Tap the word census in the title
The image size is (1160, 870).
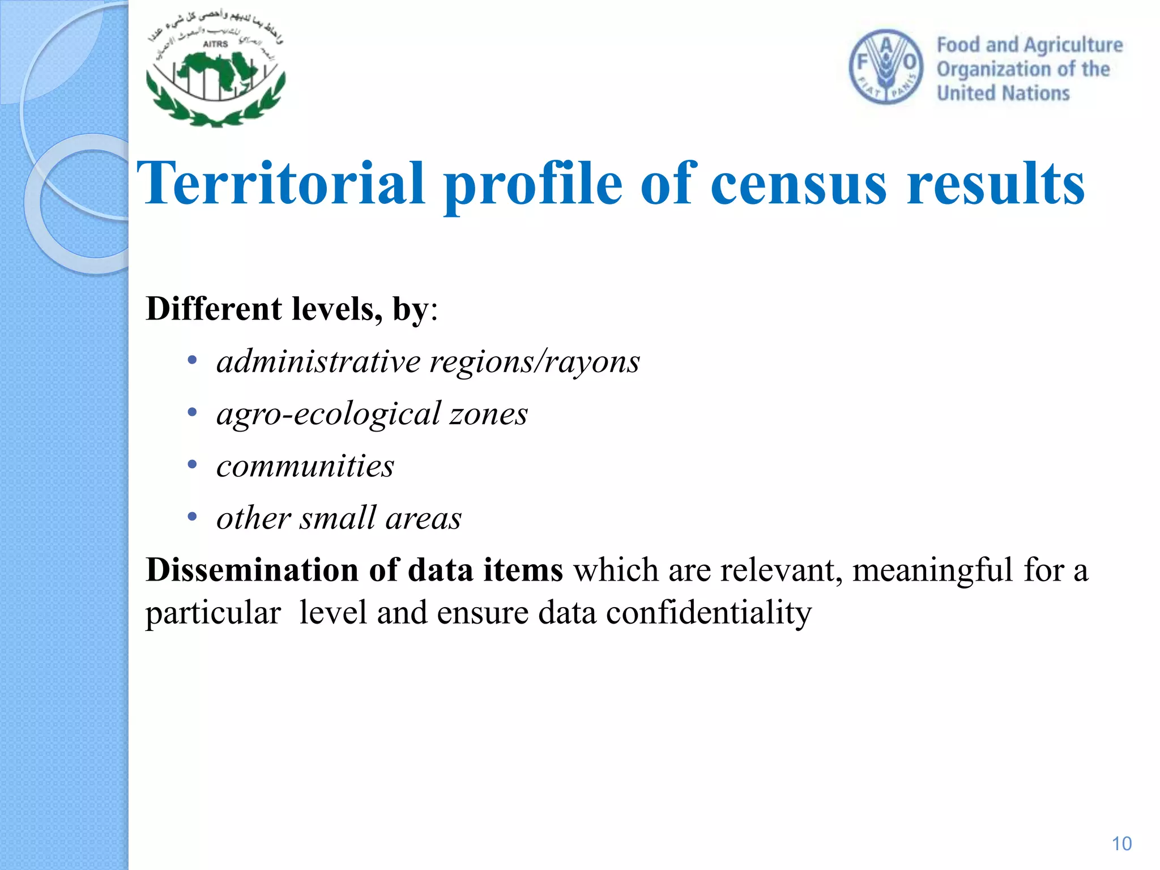coord(799,184)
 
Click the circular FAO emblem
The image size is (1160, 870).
coord(886,67)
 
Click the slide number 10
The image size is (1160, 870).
coord(1121,844)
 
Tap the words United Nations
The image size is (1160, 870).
coord(1003,93)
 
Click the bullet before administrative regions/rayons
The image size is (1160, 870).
coord(193,360)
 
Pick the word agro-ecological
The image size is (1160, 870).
coord(329,413)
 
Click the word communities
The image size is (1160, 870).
coord(305,466)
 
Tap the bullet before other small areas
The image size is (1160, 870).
coord(193,517)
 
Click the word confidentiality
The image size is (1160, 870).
coord(709,613)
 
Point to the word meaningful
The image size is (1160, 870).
coord(932,569)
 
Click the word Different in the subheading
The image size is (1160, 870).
coord(214,309)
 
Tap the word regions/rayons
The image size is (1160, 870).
coord(535,361)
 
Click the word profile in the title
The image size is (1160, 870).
coord(532,184)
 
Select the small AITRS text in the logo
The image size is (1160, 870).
coord(215,44)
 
